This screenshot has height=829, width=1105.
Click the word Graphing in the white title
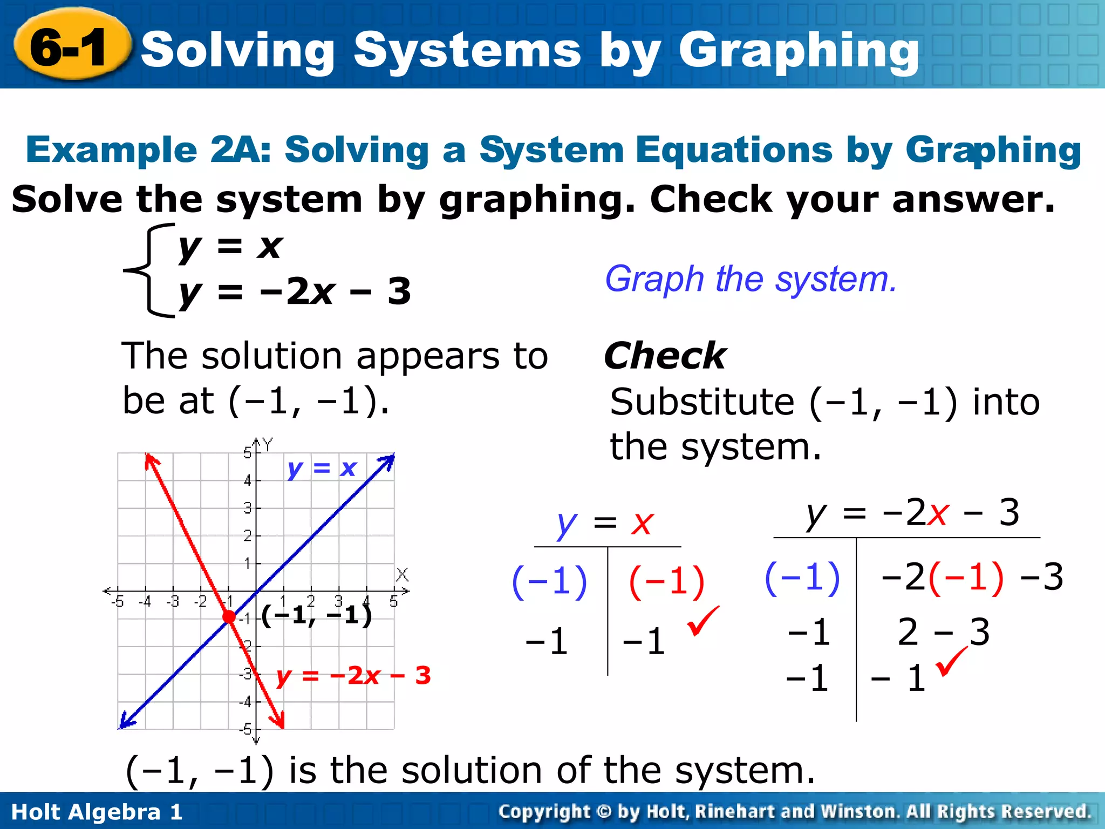[x=799, y=51]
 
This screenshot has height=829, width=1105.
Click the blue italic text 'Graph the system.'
[x=751, y=279]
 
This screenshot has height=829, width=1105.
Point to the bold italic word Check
[x=665, y=356]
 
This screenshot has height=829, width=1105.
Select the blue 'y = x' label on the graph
[x=322, y=468]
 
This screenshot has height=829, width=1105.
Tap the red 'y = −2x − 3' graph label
[x=353, y=675]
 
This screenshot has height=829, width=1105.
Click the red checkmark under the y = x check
[x=702, y=621]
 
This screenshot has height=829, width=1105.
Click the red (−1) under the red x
[x=667, y=582]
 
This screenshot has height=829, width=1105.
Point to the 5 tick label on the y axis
[x=247, y=452]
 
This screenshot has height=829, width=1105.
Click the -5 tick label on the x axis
[x=117, y=601]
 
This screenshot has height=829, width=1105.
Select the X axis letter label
[x=402, y=575]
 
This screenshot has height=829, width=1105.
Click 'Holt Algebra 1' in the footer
[x=97, y=812]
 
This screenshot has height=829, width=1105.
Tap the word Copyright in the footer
[x=544, y=811]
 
